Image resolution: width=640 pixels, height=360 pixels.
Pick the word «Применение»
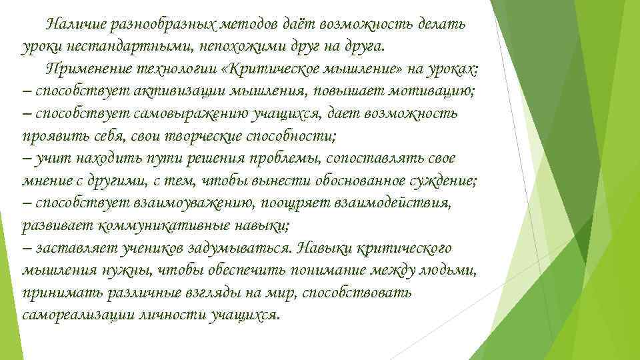(85, 68)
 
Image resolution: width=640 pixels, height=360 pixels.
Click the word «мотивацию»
(429, 91)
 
